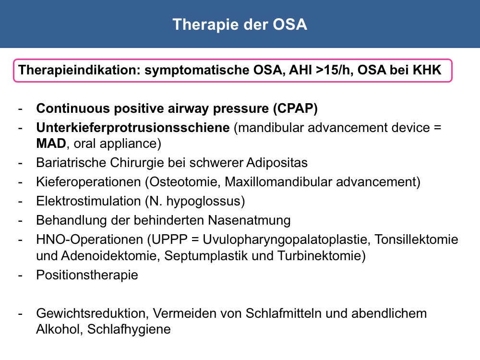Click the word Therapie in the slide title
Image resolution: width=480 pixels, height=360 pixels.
205,25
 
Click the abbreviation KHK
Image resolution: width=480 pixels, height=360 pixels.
427,70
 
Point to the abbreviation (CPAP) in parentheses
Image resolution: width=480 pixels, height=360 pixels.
295,108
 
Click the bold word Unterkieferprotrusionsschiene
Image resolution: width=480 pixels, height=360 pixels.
133,128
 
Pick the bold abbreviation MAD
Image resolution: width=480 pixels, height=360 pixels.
51,144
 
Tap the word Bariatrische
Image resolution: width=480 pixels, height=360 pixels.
71,163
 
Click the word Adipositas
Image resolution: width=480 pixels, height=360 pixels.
277,163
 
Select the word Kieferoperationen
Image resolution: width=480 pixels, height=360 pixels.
88,182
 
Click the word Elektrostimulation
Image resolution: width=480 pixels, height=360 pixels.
88,202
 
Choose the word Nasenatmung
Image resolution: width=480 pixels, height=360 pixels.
249,221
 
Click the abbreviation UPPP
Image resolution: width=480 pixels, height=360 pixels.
169,240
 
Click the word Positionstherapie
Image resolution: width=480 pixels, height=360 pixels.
87,275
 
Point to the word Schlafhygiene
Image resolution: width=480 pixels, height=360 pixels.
129,329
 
